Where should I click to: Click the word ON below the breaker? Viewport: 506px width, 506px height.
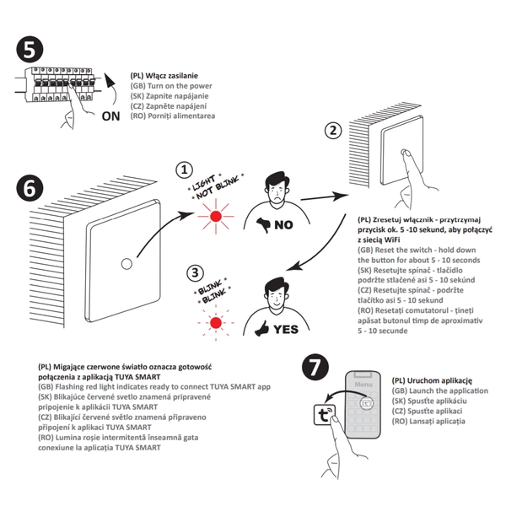pyautogui.click(x=110, y=116)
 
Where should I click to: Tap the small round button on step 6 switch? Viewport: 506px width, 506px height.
pyautogui.click(x=127, y=263)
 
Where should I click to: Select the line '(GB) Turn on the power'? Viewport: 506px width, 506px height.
pyautogui.click(x=171, y=86)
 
